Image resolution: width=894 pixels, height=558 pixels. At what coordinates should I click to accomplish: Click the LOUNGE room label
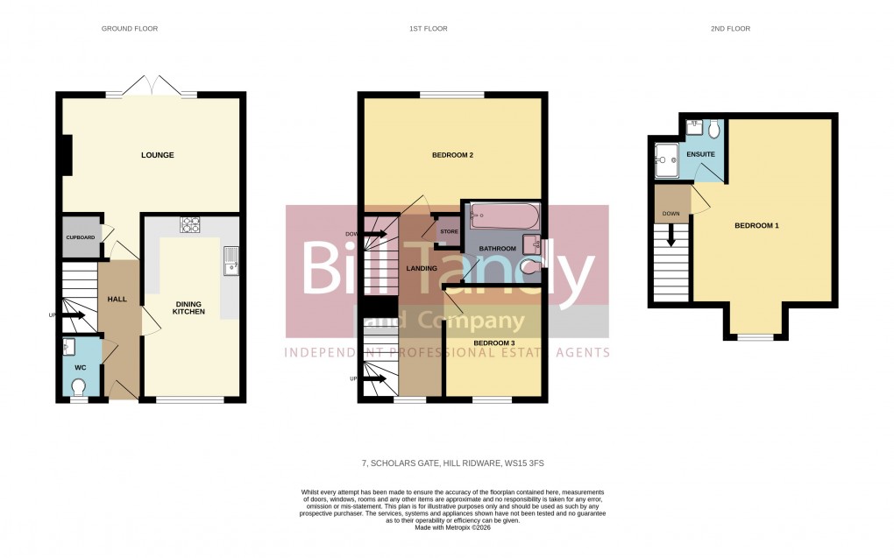[158, 156]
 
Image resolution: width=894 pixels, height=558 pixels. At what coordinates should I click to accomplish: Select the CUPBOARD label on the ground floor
[81, 237]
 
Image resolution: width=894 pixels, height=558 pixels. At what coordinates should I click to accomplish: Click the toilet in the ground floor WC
[79, 385]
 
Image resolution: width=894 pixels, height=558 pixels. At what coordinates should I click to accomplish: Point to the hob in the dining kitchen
[190, 225]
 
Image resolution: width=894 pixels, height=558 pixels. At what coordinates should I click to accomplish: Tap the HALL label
[117, 300]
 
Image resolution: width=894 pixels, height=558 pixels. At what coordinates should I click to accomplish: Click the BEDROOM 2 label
[452, 156]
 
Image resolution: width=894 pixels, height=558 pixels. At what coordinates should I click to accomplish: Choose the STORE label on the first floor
[449, 232]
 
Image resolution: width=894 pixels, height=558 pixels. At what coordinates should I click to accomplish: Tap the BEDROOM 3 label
[494, 343]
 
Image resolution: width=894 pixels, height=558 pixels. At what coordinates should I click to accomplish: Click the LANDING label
[422, 268]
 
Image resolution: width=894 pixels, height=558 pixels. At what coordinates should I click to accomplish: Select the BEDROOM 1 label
[756, 226]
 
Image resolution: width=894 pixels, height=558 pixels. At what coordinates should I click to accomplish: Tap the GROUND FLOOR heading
[130, 29]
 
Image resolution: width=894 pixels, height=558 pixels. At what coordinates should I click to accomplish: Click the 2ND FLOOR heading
[730, 29]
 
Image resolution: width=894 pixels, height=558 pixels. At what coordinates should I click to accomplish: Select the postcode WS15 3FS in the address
[531, 463]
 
